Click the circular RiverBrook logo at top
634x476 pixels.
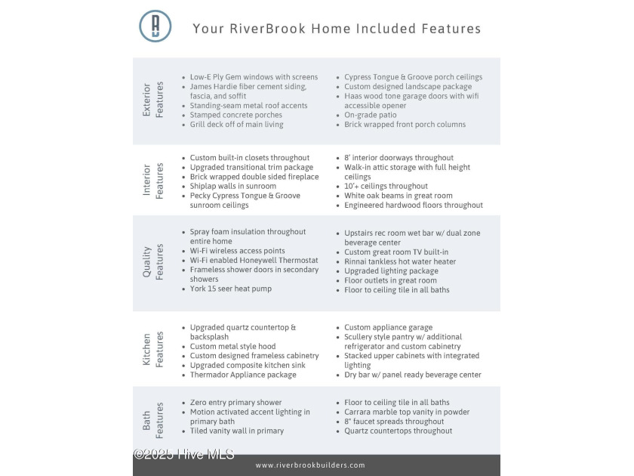point(155,26)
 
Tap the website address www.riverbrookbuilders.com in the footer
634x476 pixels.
point(310,465)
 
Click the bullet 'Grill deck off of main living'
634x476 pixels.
point(236,125)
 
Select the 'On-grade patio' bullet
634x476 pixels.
point(370,116)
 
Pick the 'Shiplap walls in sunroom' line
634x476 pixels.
point(233,186)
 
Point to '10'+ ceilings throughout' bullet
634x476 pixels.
point(386,186)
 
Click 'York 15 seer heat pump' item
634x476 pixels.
point(230,289)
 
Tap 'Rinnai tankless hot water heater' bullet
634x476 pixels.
point(400,261)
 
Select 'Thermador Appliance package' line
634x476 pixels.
point(242,375)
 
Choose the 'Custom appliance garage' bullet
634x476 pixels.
point(388,328)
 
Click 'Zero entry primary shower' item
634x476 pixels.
point(235,403)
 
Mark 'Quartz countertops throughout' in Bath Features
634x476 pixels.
point(398,431)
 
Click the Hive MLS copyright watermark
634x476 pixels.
point(183,454)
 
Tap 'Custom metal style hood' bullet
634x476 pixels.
point(232,347)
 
